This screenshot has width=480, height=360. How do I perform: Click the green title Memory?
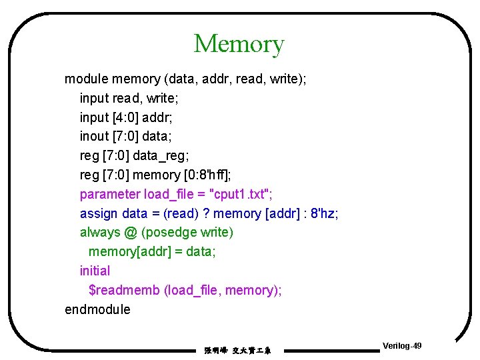point(239,44)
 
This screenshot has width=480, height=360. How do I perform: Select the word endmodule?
point(97,309)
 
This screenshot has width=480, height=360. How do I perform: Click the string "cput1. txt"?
point(239,194)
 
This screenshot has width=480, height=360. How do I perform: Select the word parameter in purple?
point(110,194)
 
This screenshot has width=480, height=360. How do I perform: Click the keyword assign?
point(99,213)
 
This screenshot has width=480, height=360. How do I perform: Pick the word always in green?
point(99,233)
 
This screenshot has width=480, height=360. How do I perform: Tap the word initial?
point(95,271)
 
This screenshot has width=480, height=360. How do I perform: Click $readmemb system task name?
point(124,290)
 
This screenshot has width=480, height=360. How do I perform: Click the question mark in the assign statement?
point(207,213)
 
